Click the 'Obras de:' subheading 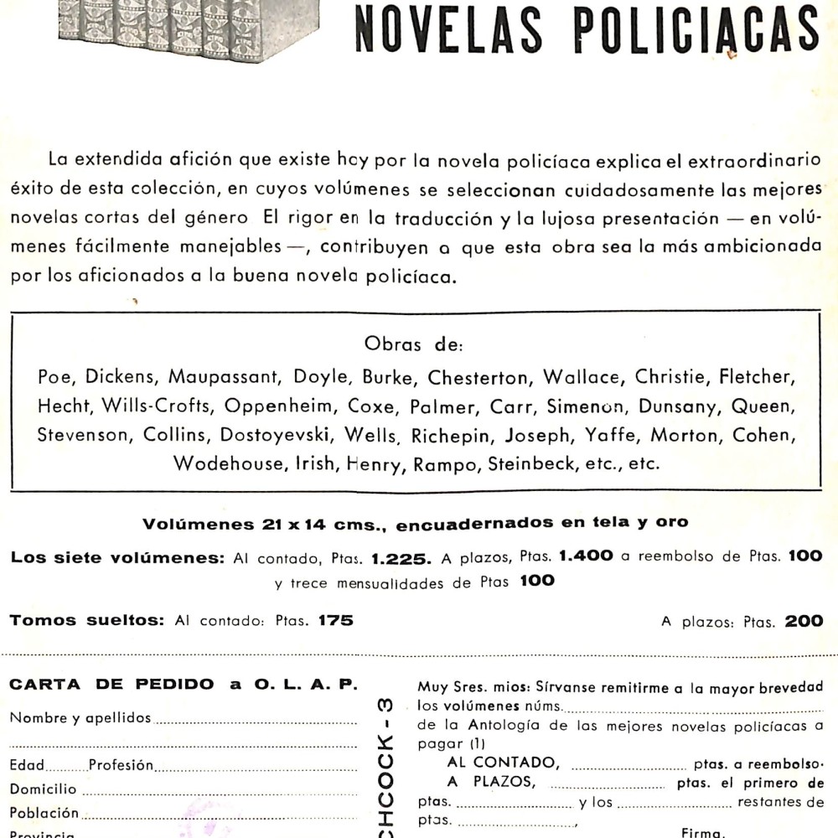419,344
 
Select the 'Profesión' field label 121,765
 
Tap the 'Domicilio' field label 44,789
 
